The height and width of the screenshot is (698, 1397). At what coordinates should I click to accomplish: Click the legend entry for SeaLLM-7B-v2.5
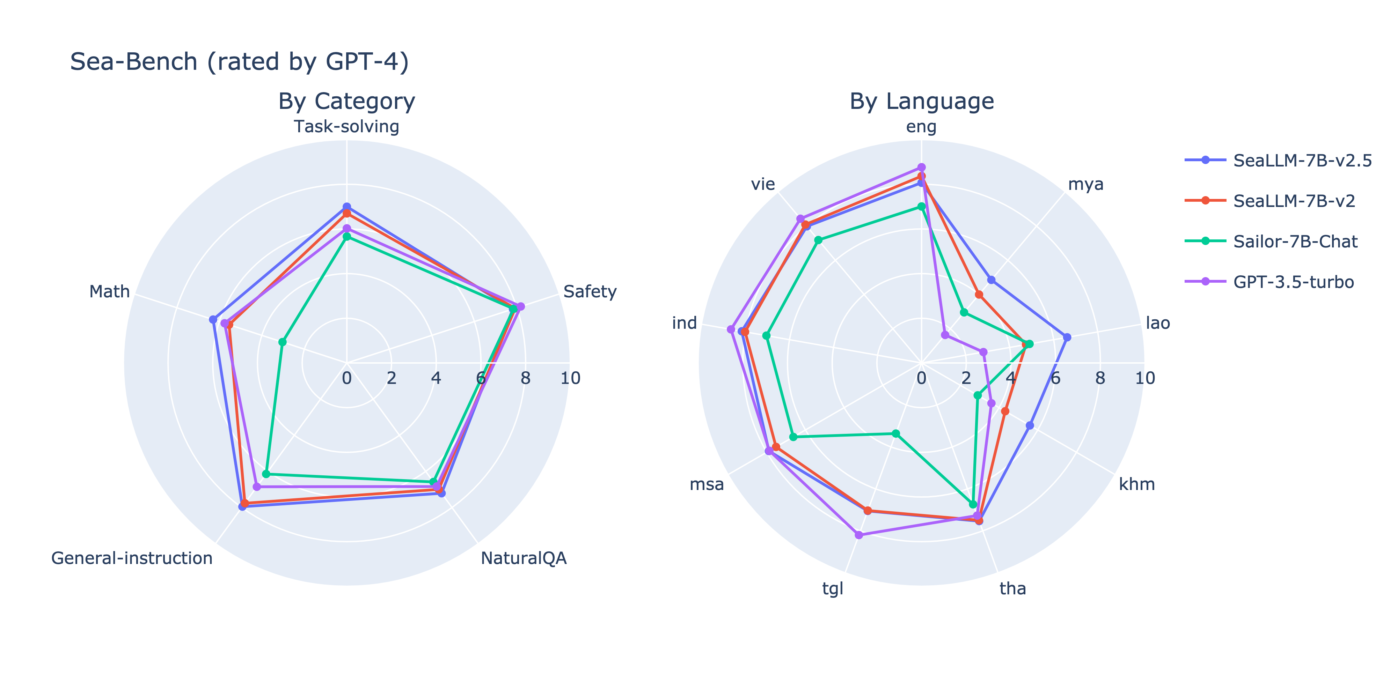point(1302,161)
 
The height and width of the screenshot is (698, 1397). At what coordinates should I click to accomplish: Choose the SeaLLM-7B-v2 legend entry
point(1294,201)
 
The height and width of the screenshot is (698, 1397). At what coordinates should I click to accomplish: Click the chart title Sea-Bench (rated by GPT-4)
point(239,62)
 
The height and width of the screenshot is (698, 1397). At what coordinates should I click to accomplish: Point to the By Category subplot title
point(346,101)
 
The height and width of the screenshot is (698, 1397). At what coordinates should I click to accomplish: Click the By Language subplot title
point(921,101)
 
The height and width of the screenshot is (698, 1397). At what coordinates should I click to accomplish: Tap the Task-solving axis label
point(346,126)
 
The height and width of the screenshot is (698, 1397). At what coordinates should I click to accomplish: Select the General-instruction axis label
point(132,558)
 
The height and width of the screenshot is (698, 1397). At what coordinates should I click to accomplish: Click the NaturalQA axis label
point(523,558)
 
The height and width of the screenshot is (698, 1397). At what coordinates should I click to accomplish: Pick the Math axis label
point(110,291)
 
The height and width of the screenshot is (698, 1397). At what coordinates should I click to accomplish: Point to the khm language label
point(1137,484)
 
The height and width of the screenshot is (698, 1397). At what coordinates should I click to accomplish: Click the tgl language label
point(833,588)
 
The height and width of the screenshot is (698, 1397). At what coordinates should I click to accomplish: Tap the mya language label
point(1085,184)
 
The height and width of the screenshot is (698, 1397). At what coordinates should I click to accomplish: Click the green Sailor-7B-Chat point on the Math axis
point(282,342)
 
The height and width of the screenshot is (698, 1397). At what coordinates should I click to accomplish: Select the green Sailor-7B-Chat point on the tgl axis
point(896,433)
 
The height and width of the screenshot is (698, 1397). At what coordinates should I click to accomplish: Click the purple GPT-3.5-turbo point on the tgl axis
point(858,535)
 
